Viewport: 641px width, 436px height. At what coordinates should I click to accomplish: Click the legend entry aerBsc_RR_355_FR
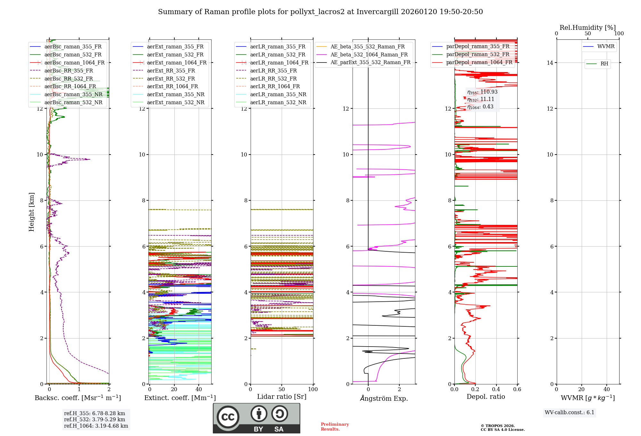coord(69,71)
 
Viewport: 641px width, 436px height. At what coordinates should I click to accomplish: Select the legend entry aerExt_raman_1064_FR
coord(177,63)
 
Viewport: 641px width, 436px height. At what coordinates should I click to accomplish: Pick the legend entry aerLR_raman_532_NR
coord(278,102)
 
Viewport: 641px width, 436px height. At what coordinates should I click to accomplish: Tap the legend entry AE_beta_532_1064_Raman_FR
coord(369,55)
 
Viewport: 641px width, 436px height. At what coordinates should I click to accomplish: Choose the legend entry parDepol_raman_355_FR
coord(478,46)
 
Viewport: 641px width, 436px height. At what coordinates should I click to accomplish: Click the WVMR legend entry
coord(606,46)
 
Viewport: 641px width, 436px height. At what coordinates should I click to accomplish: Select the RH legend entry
coord(604,64)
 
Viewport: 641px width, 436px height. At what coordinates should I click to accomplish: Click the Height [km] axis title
coord(31,212)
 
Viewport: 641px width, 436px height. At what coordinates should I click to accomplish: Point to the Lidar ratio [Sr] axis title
coord(282,397)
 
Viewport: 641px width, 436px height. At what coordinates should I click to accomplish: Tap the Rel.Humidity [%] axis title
coord(587,28)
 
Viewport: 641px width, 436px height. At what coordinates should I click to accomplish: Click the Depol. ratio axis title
coord(486,397)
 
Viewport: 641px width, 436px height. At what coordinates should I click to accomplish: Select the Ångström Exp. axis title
coord(384,398)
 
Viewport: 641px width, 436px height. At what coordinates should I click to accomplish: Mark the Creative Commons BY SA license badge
coord(256,418)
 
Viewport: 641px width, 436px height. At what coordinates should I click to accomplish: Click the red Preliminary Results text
coord(335,426)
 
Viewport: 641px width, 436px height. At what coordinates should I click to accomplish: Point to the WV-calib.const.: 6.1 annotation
coord(570,412)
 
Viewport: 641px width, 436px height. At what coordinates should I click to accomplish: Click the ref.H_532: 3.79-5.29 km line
coord(95,419)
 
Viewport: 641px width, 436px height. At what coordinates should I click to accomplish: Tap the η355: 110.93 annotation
coord(482,92)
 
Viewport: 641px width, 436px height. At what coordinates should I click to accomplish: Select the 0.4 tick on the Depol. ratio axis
coord(496,389)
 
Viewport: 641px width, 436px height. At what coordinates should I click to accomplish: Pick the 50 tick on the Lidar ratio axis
coord(282,389)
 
